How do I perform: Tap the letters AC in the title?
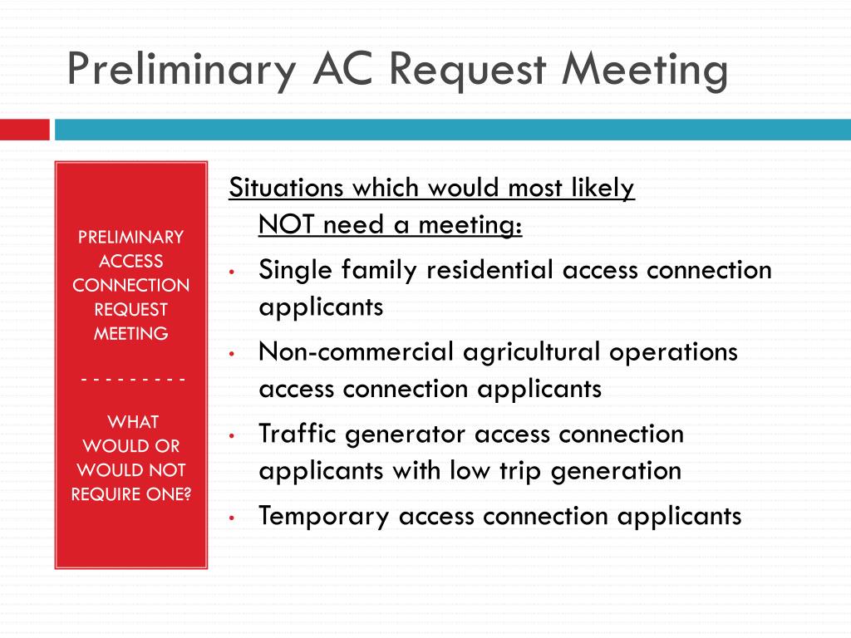pyautogui.click(x=343, y=69)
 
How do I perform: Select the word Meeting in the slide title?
pyautogui.click(x=645, y=71)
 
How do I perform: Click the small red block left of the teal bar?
pyautogui.click(x=24, y=130)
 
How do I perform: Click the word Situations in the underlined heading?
pyautogui.click(x=286, y=188)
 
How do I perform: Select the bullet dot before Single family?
pyautogui.click(x=232, y=272)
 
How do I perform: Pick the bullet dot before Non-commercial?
pyautogui.click(x=232, y=354)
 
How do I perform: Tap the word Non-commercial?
pyautogui.click(x=356, y=351)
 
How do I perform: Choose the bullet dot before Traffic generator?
pyautogui.click(x=232, y=435)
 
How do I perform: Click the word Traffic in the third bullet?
pyautogui.click(x=297, y=434)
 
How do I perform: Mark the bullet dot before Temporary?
pyautogui.click(x=232, y=518)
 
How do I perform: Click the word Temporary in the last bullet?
pyautogui.click(x=324, y=517)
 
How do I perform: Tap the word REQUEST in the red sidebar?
pyautogui.click(x=130, y=309)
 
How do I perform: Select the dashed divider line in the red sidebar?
pyautogui.click(x=133, y=379)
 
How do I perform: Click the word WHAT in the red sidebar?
pyautogui.click(x=133, y=421)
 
